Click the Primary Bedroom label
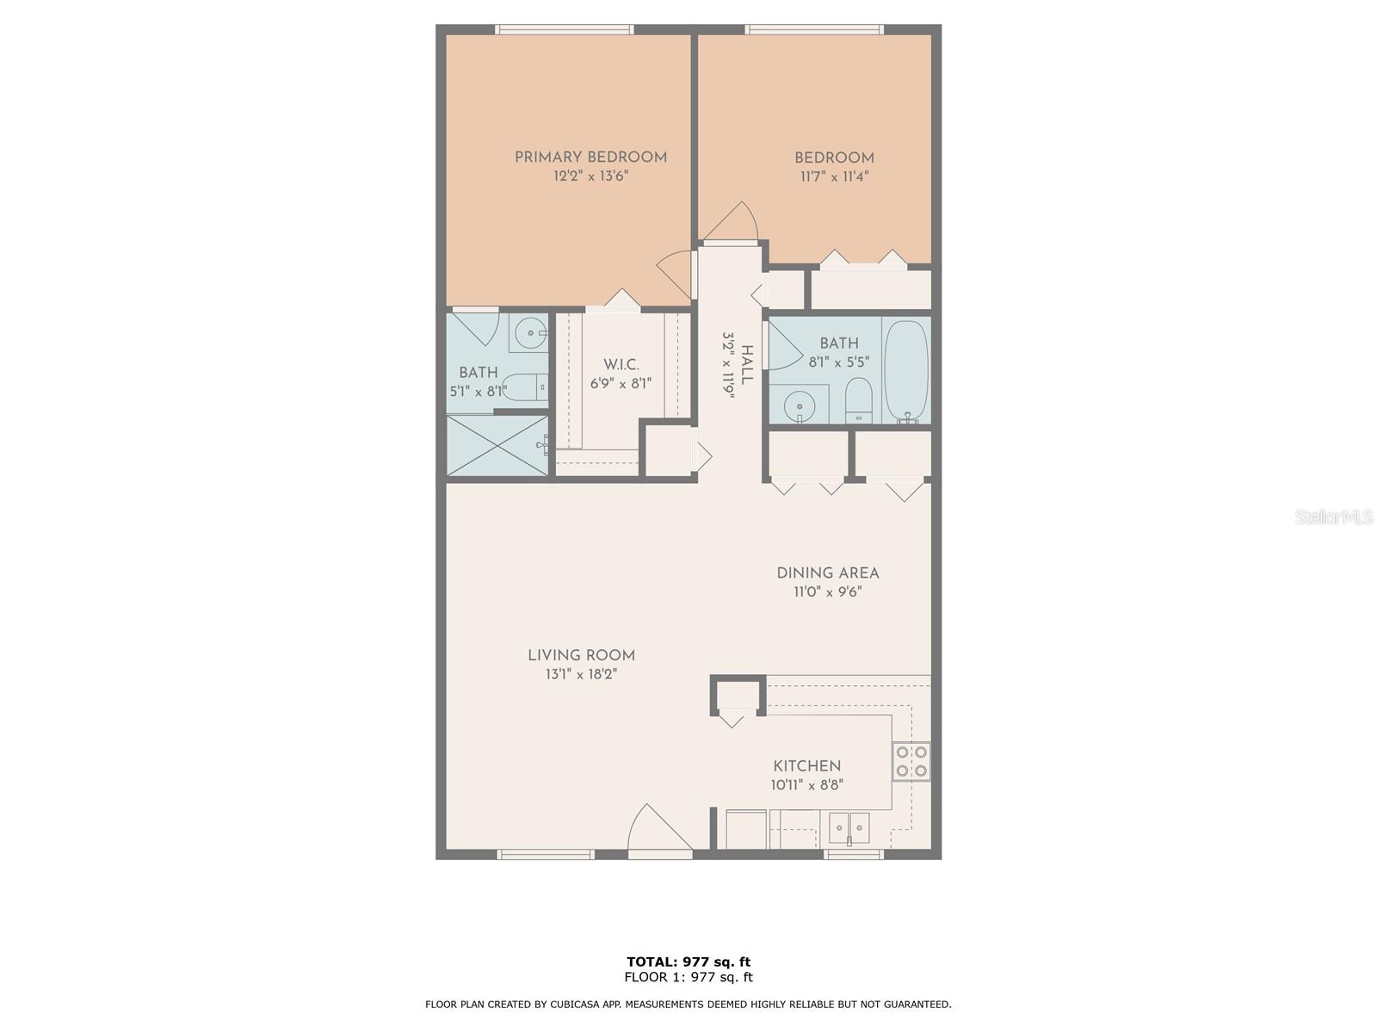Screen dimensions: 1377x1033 pyautogui.click(x=590, y=158)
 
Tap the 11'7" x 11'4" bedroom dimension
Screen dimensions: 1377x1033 pyautogui.click(x=834, y=176)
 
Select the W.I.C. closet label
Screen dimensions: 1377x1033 pyautogui.click(x=621, y=364)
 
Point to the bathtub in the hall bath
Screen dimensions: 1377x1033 pyautogui.click(x=906, y=370)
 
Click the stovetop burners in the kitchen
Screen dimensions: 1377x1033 pyautogui.click(x=911, y=761)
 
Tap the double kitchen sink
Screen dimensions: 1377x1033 pyautogui.click(x=849, y=828)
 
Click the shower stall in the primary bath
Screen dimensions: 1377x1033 pyautogui.click(x=497, y=445)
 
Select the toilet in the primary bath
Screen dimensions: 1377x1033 pyautogui.click(x=526, y=387)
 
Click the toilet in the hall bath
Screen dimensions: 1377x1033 pyautogui.click(x=858, y=401)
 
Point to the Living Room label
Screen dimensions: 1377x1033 pyautogui.click(x=581, y=655)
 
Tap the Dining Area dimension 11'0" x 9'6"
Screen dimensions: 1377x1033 pyautogui.click(x=827, y=591)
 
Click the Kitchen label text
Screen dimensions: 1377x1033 pyautogui.click(x=806, y=766)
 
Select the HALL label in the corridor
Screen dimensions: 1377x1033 pyautogui.click(x=746, y=365)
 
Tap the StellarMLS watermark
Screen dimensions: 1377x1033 pyautogui.click(x=1334, y=516)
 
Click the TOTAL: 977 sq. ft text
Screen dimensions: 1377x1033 pyautogui.click(x=688, y=962)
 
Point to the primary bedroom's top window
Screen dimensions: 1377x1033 pyautogui.click(x=564, y=29)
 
